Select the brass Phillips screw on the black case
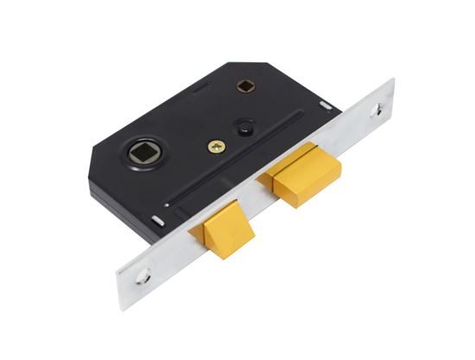[x=216, y=147]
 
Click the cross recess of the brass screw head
[x=216, y=147]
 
